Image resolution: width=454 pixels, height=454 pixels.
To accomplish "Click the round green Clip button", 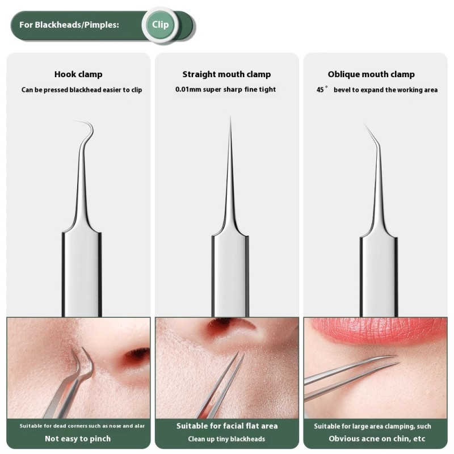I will pos(161,25).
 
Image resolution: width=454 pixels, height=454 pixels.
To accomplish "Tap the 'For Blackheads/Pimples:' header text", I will pos(69,25).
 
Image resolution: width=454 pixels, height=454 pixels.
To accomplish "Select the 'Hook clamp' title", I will pos(78,74).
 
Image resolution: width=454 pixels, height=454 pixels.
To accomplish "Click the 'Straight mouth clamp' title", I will pos(226,74).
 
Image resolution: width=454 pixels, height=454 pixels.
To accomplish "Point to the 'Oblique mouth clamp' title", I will pos(371,74).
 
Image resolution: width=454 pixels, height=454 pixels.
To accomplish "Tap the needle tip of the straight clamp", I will pos(230,119).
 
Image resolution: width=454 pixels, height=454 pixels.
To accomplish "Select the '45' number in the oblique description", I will pos(320,90).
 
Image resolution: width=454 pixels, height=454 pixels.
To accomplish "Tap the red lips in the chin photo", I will pos(375,330).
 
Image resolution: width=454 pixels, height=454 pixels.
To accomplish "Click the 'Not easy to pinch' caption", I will pos(78,439).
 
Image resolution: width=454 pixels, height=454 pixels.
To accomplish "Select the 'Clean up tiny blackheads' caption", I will pos(226,439).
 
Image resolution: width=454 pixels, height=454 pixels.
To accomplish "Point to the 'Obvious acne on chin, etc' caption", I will pos(377,439).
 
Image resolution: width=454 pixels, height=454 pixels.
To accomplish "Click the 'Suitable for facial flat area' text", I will pos(226,426).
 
